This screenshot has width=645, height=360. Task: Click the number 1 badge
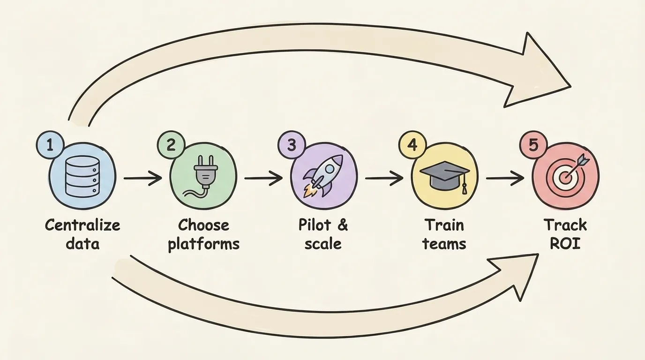(x=50, y=145)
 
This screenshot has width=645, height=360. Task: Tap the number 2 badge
(x=171, y=145)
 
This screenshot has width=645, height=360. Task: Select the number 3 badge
(x=292, y=145)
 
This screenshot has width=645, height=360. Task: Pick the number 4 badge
(x=412, y=145)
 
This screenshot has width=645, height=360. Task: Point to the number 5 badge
(x=533, y=145)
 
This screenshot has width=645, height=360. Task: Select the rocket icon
(x=324, y=177)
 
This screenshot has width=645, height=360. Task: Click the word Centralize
(x=82, y=225)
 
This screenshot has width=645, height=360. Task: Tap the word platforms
(x=203, y=244)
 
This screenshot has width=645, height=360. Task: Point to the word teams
(x=444, y=244)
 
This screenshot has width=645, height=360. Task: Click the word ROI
(x=565, y=244)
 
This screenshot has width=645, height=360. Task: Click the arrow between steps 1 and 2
(x=142, y=179)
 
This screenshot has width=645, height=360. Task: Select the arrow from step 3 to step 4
(x=384, y=179)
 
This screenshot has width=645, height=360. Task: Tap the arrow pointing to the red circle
(x=505, y=179)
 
